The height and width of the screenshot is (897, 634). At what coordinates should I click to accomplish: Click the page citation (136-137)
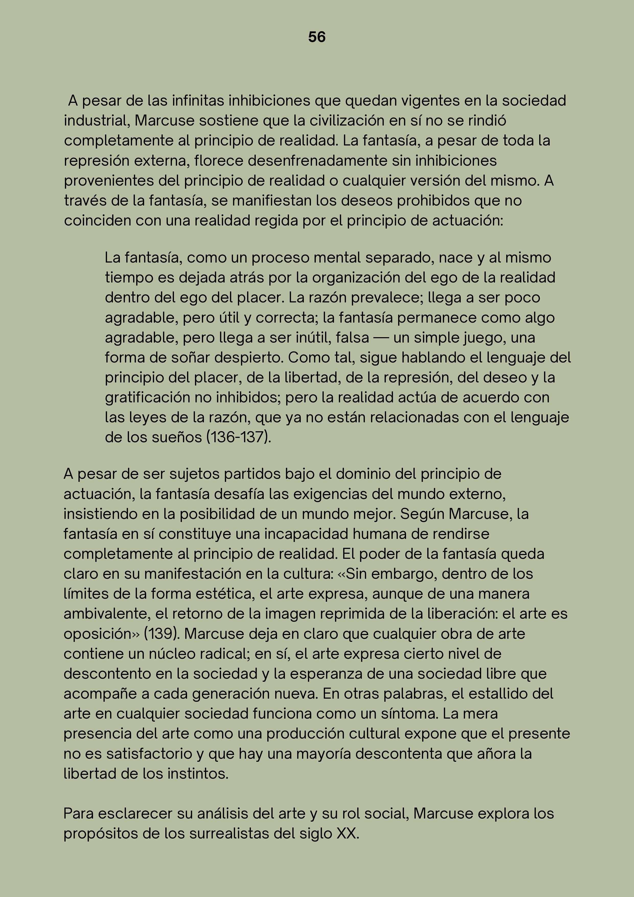[238, 437]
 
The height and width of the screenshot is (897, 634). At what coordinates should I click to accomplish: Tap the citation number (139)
[162, 634]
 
